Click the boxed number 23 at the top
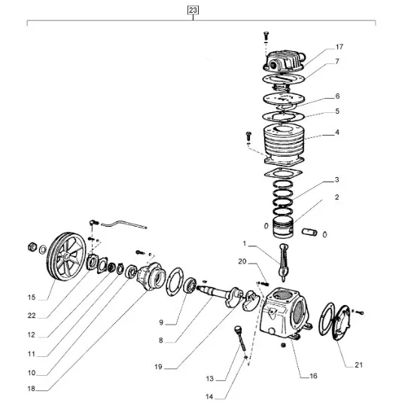click(193, 10)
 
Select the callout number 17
click(340, 47)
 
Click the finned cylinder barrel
click(284, 145)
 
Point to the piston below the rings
click(283, 227)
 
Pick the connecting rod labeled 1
click(284, 262)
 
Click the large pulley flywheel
click(66, 256)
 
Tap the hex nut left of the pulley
click(32, 247)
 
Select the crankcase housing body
click(285, 313)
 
